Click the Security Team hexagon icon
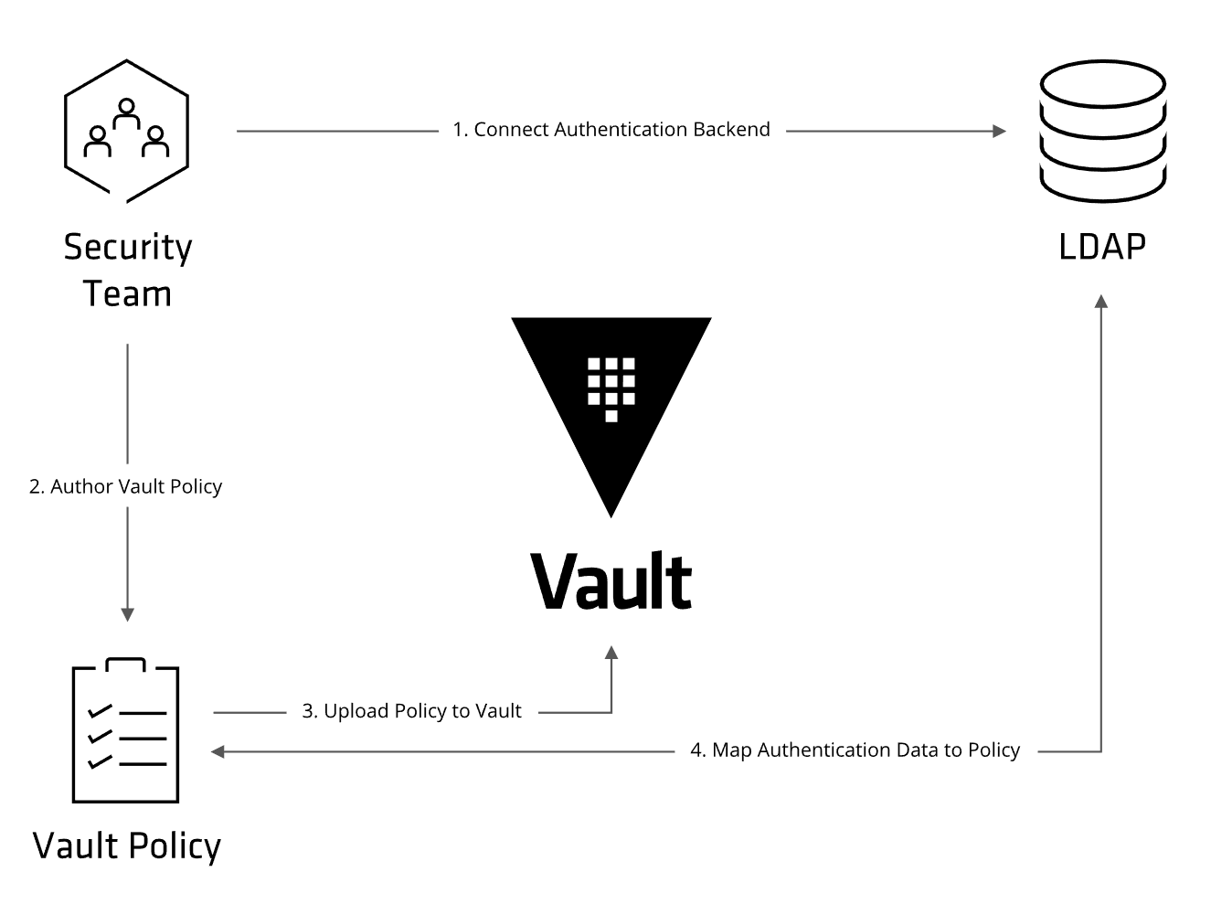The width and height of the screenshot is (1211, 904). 126,131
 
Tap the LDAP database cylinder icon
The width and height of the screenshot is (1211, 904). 1102,131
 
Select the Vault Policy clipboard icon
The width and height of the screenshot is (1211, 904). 125,731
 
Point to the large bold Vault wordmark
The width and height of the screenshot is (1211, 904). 611,581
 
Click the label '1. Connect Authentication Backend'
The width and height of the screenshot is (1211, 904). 611,130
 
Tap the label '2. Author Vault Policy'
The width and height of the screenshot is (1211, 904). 126,486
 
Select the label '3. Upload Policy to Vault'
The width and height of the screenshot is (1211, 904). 411,711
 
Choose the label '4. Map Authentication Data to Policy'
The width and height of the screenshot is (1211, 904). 855,750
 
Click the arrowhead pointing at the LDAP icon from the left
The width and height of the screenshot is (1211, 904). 999,131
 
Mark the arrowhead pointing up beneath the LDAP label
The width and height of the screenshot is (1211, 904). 1101,303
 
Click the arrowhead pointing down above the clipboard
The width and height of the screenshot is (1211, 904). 127,614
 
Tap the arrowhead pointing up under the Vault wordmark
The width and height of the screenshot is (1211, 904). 611,653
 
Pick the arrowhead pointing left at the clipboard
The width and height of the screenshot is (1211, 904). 218,751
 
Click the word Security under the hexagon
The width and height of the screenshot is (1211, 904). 128,248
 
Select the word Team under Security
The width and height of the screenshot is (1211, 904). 127,294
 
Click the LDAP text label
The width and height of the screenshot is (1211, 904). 1102,247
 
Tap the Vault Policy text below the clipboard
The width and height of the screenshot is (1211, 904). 127,846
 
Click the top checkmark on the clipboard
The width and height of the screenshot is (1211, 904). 99,710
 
